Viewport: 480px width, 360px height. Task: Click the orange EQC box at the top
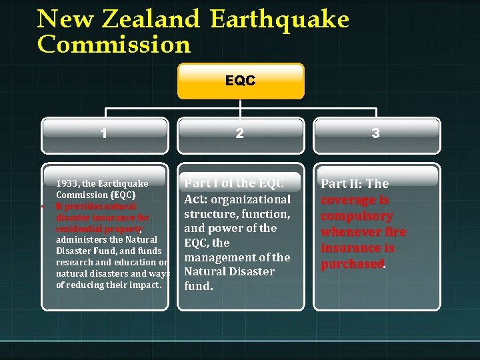click(240, 81)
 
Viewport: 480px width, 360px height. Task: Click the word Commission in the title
click(114, 45)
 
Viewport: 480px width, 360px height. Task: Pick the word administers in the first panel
click(82, 239)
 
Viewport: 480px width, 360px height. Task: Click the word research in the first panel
click(75, 262)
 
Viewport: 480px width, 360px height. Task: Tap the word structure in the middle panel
click(209, 214)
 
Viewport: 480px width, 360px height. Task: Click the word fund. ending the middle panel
click(199, 286)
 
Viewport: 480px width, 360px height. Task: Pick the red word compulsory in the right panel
click(357, 216)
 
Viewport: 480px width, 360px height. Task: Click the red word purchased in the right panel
click(352, 264)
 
